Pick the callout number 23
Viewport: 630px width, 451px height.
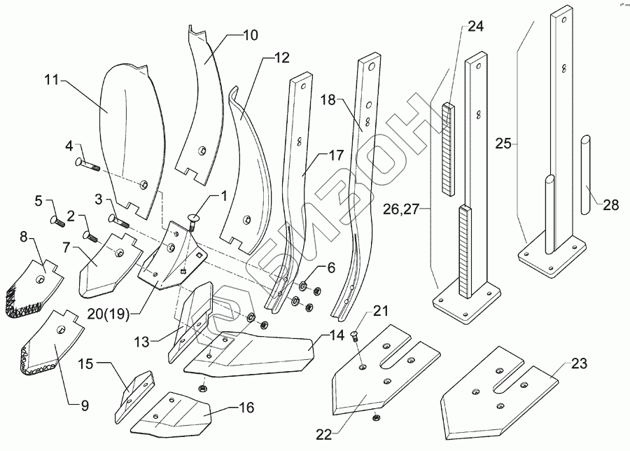coord(578,364)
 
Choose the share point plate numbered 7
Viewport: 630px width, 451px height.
coord(105,266)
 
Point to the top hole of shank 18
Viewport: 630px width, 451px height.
coord(370,69)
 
